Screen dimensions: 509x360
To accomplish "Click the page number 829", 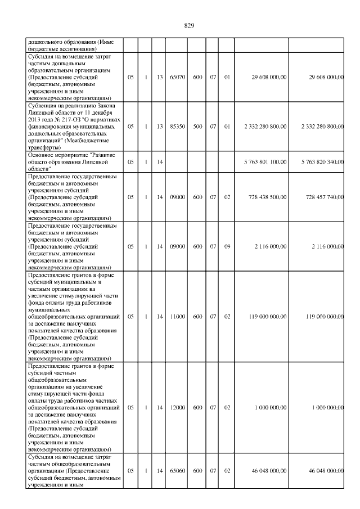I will click(x=189, y=25).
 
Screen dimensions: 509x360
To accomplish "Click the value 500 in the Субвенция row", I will click(x=197, y=127).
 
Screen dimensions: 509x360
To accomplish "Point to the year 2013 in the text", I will click(x=34, y=120).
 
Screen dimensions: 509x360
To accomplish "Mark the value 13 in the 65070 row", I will click(x=159, y=76).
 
